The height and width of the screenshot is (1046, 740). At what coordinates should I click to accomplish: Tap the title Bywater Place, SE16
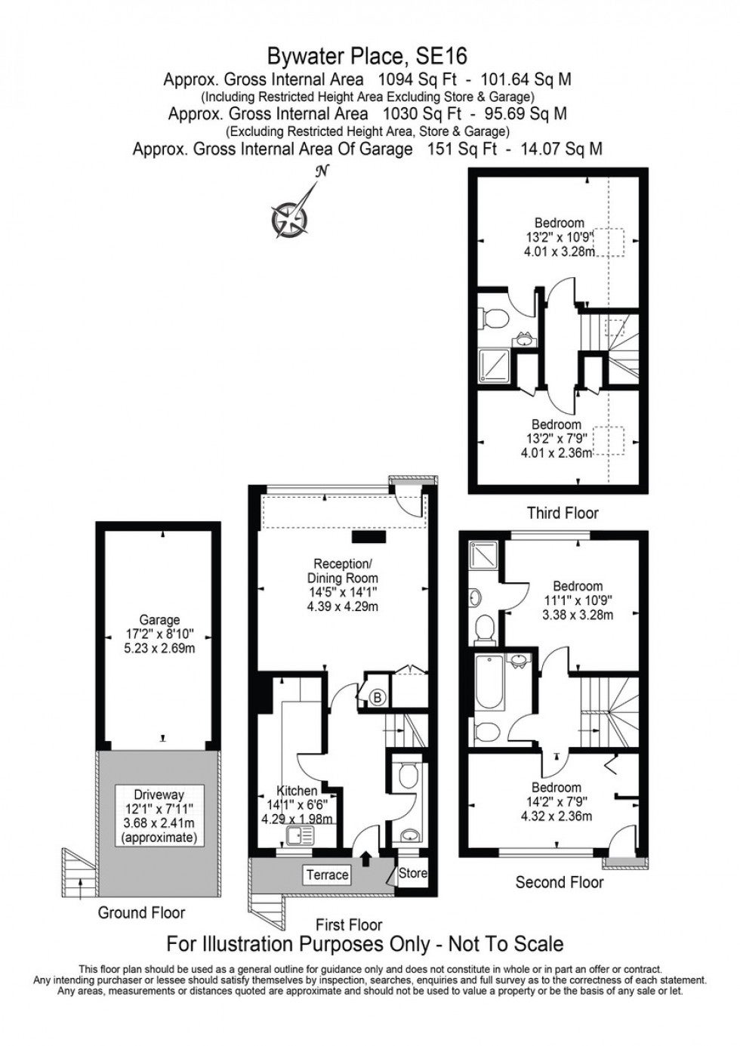pos(367,57)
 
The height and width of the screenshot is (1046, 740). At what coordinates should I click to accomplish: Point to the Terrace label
pos(328,874)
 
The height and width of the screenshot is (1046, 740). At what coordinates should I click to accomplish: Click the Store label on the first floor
pos(413,873)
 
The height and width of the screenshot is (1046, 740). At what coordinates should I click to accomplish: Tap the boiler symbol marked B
pos(378,698)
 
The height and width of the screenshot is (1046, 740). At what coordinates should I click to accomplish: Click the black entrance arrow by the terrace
pos(366,859)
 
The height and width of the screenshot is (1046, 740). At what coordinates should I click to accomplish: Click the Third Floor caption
pos(563,514)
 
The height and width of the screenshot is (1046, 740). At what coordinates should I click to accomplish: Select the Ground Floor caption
pos(141,912)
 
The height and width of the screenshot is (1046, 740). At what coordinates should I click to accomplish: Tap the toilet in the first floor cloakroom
pos(409,775)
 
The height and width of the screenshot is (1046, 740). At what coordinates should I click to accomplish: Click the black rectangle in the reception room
pos(369,537)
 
